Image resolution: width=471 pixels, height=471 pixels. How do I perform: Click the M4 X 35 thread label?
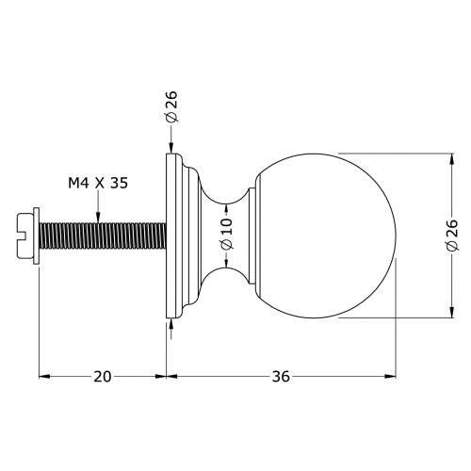point(98,183)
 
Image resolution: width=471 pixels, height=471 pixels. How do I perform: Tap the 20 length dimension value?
point(103,377)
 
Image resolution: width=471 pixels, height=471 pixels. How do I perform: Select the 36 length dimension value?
point(281,377)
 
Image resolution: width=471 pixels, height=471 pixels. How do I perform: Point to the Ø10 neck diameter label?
point(227,235)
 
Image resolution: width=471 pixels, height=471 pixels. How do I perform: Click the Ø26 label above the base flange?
point(171,106)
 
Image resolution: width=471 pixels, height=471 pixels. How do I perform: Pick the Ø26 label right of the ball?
point(452,235)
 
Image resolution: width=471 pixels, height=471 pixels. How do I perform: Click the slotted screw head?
point(24,235)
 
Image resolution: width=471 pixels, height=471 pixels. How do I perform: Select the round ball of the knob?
point(326,235)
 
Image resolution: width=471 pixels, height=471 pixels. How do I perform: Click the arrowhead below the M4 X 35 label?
point(98,218)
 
